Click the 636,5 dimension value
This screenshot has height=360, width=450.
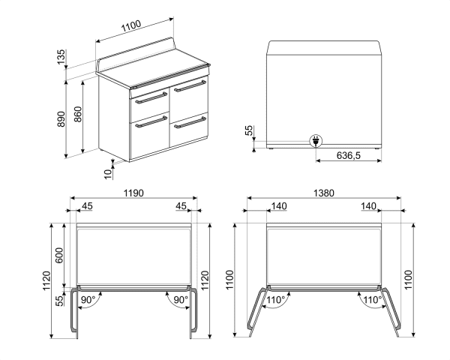tap(347, 155)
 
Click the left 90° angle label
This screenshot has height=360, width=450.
tap(88, 300)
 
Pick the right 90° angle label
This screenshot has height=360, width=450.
tap(180, 300)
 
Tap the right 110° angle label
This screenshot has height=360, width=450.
tap(371, 300)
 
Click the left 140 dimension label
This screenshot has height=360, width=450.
tap(279, 205)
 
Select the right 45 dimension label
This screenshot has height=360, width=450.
tap(181, 205)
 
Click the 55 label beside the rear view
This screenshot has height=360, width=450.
tap(249, 130)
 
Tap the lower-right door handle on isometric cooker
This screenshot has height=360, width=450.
tap(189, 121)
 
